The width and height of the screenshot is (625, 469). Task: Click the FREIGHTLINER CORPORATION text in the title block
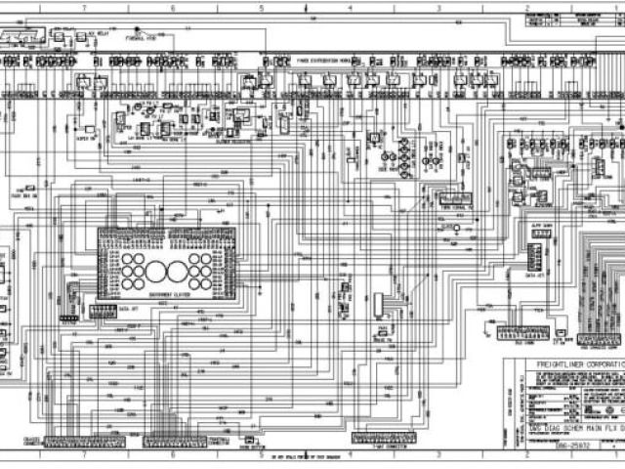coord(564,363)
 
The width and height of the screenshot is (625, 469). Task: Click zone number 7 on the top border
coord(85,6)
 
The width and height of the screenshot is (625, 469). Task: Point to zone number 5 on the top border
coord(262,6)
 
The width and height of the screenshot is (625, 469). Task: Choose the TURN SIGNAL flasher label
coord(455,208)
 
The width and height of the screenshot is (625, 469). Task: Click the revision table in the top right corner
coord(566,21)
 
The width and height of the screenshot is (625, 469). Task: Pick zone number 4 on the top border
coord(350,6)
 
